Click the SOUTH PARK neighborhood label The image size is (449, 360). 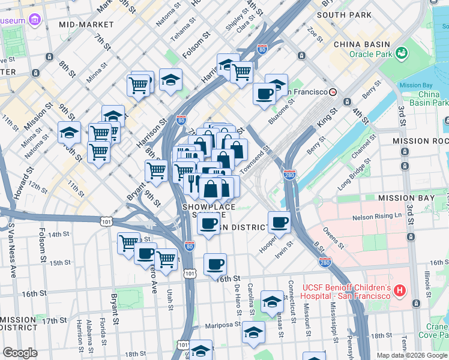[340, 14]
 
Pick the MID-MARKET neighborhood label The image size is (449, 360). [86, 25]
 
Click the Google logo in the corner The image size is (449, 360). [20, 353]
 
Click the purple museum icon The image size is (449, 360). [35, 20]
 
